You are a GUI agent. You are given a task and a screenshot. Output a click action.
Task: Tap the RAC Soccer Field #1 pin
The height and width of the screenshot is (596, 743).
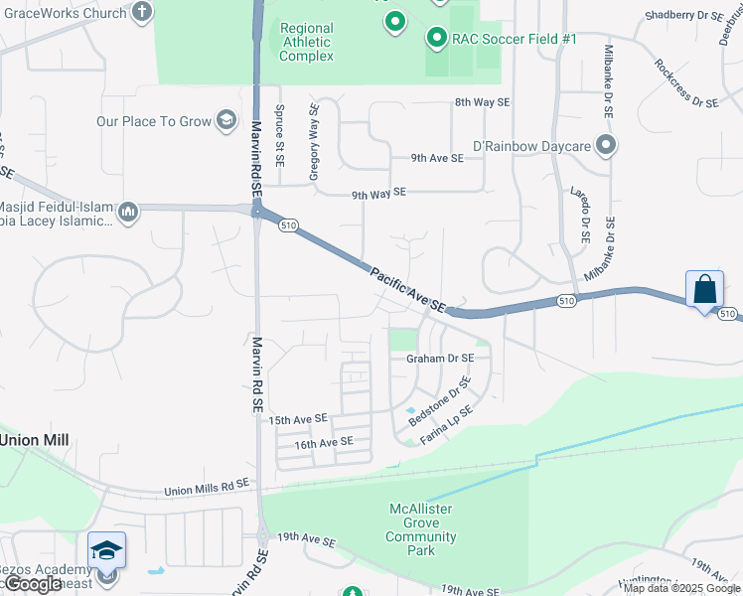(435, 39)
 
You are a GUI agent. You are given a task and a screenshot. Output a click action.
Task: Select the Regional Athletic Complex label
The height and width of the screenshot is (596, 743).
(306, 42)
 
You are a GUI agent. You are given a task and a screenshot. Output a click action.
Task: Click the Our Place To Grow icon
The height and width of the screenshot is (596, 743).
(226, 121)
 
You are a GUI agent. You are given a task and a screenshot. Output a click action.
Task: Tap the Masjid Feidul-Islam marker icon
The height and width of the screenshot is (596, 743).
(128, 212)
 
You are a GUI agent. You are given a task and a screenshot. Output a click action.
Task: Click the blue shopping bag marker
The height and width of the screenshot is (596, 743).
(704, 290)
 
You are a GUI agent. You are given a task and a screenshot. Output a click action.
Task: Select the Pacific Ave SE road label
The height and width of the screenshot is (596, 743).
(407, 288)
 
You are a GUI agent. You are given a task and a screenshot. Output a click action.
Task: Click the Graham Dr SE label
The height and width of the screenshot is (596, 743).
(440, 359)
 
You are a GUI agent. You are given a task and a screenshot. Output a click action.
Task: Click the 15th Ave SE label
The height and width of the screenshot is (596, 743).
(298, 420)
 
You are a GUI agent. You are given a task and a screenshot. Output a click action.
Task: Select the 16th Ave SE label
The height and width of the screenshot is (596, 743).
(323, 442)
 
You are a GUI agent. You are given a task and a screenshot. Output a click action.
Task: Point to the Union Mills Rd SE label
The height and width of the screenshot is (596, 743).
(207, 490)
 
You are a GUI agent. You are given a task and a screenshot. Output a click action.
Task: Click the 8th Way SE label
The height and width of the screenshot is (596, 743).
(482, 102)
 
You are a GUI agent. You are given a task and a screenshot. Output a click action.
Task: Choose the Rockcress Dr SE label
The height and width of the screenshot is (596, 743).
(686, 83)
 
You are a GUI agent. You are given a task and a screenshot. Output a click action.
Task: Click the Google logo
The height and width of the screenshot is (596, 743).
(32, 584)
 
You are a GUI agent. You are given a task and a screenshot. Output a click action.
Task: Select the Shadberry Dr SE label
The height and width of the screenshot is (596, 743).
(683, 16)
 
